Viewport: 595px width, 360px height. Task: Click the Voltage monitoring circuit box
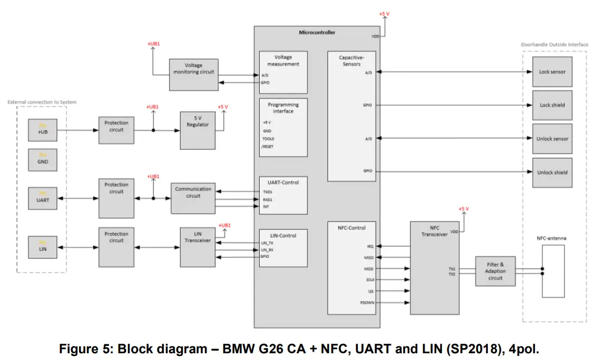tap(193, 74)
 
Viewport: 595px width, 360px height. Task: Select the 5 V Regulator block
tap(197, 130)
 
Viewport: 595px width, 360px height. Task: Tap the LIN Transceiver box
tap(197, 247)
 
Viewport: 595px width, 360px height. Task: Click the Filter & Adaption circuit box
tap(495, 271)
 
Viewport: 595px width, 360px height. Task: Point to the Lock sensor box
tap(552, 72)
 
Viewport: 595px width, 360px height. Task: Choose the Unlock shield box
tap(552, 172)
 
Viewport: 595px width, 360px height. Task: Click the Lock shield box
tap(552, 105)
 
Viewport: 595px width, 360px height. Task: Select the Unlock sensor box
tap(552, 139)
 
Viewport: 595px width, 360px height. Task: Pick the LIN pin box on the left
tap(43, 247)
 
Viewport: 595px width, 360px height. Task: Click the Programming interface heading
tap(283, 108)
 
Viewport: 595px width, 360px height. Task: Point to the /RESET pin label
tap(267, 146)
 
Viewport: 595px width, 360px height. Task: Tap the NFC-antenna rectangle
tap(552, 272)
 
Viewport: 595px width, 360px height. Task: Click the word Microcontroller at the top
tap(317, 33)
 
